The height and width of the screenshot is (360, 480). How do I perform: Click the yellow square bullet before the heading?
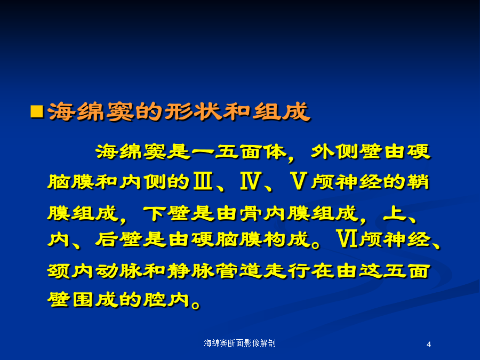[37, 111]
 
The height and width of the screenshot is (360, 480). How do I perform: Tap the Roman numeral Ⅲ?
[203, 181]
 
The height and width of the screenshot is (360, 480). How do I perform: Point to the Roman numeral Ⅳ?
[251, 181]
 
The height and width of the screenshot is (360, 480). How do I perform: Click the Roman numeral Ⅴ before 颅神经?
[298, 181]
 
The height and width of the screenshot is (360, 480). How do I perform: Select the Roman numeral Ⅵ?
[347, 239]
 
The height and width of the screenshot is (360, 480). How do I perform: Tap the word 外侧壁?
[347, 152]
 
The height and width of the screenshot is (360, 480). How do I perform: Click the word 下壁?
[166, 213]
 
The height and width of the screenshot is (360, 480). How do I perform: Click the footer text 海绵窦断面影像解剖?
[239, 343]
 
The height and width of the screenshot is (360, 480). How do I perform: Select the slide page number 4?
[429, 345]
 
